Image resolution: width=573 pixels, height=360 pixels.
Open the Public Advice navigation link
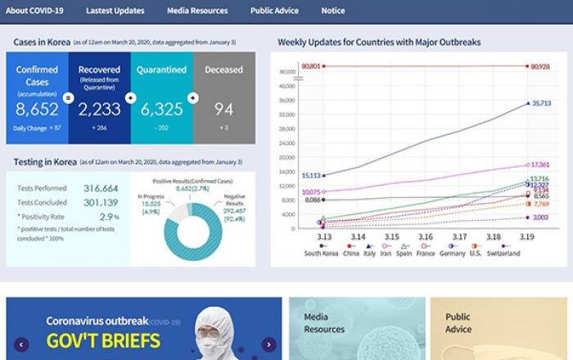(274, 11)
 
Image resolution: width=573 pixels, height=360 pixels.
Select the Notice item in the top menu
(332, 11)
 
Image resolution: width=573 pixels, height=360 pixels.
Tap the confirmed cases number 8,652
(37, 110)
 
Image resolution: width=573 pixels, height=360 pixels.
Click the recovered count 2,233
(99, 110)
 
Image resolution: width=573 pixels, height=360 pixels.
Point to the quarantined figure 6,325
(161, 110)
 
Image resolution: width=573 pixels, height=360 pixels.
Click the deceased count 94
(223, 110)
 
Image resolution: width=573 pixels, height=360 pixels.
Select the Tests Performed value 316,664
(101, 188)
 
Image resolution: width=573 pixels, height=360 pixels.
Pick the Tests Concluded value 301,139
(101, 203)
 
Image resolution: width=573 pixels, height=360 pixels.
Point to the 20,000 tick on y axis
(286, 157)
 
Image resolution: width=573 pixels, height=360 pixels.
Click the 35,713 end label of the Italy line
(541, 104)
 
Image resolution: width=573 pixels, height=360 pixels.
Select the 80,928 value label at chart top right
(540, 65)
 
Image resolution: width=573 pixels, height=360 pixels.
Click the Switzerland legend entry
(503, 254)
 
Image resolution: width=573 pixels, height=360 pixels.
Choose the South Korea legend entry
(321, 254)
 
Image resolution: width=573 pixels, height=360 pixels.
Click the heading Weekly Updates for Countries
(379, 42)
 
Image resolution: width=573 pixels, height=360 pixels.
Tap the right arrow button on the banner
(268, 344)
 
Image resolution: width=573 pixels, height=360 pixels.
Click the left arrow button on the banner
(21, 344)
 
